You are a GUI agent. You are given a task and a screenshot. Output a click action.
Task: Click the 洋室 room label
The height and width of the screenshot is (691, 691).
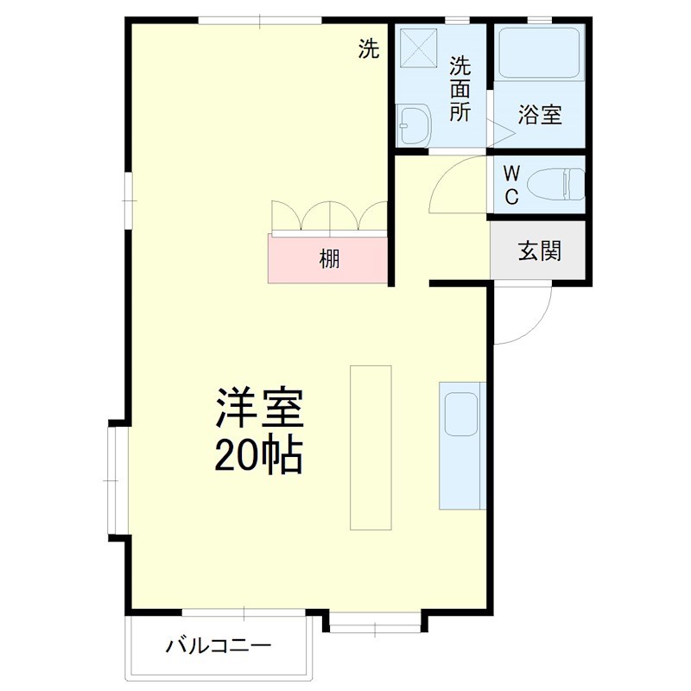[259, 410]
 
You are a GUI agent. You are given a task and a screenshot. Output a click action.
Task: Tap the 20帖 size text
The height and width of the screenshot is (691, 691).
[258, 455]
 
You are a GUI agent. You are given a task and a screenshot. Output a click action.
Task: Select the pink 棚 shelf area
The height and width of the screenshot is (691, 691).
[329, 258]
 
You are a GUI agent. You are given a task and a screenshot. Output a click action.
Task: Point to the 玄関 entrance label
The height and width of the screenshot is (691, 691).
[540, 250]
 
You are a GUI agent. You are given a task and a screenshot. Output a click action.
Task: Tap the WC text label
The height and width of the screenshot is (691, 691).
[511, 184]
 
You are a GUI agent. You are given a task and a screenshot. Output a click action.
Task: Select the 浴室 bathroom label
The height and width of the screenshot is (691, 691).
[540, 114]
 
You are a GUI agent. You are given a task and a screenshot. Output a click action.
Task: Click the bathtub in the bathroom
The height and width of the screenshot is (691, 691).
[540, 54]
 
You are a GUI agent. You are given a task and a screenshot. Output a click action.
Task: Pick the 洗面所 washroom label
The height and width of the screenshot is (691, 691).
[460, 89]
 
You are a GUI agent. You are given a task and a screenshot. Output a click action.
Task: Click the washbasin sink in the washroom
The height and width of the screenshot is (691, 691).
[415, 126]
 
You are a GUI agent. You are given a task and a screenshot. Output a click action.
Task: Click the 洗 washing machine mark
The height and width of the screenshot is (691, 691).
[369, 50]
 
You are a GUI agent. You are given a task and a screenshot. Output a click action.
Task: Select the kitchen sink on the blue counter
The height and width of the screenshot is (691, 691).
[459, 413]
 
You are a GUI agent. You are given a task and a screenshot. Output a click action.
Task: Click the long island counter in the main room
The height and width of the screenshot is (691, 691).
[371, 447]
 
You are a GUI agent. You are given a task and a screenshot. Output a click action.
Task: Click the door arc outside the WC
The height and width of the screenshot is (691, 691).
[453, 181]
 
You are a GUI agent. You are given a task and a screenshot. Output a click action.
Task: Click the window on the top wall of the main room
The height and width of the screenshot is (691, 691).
[259, 21]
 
